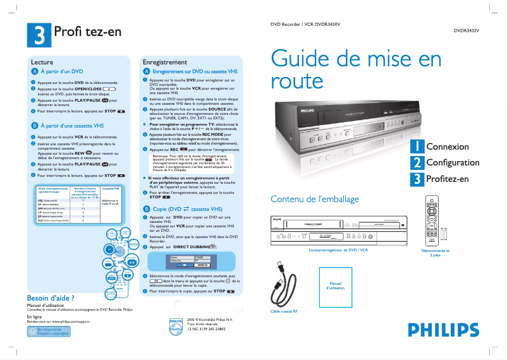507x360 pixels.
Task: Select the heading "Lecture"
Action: pos(42,63)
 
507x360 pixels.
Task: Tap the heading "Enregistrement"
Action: pos(165,63)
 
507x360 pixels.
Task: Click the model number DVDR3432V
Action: pos(467,30)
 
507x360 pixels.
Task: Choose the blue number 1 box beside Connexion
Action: pos(417,147)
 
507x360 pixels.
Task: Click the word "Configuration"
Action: pos(452,163)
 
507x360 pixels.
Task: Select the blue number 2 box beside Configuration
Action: pos(417,163)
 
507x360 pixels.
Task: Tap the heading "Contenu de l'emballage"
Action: pos(314,199)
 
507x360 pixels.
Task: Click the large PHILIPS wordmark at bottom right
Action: pos(443,330)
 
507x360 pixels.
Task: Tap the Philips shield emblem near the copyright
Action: pos(176,326)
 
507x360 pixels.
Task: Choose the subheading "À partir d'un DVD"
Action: pos(62,72)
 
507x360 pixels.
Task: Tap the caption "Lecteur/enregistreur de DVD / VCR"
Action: pos(338,251)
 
